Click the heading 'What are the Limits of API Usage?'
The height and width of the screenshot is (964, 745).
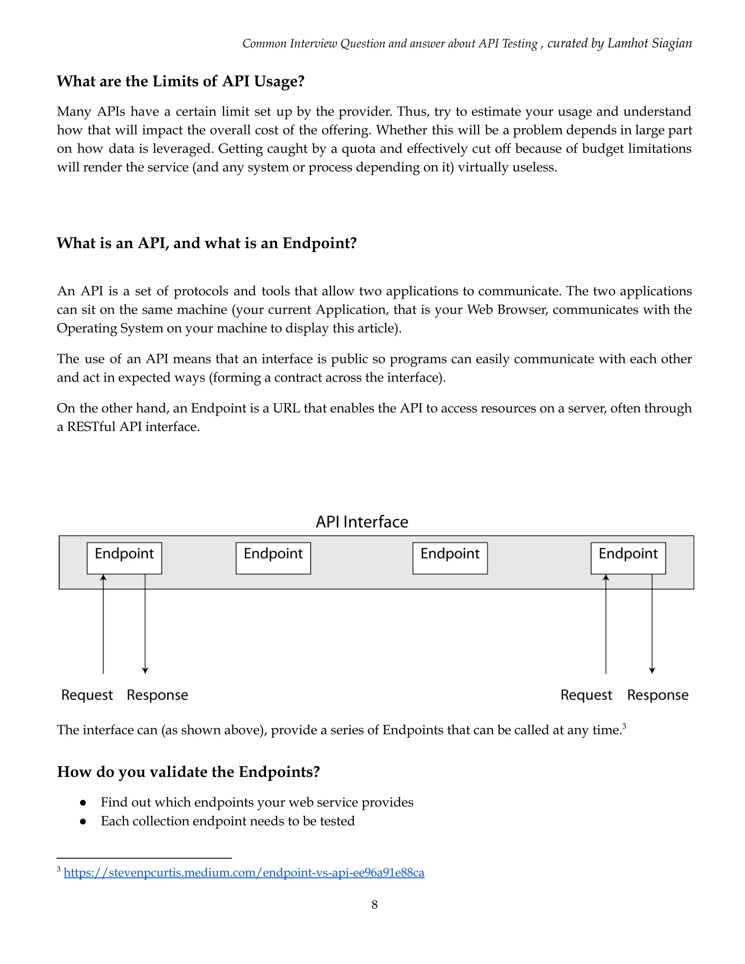[x=180, y=81]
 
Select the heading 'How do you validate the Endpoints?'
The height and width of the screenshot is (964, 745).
[x=188, y=772]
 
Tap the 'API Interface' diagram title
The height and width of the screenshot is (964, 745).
[x=362, y=522]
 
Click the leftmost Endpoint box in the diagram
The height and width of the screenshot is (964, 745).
[x=124, y=558]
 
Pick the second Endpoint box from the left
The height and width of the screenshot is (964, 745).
[x=273, y=558]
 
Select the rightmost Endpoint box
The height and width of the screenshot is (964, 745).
[x=628, y=558]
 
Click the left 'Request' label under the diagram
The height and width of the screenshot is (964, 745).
[x=87, y=695]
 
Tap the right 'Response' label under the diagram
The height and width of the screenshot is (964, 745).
[x=658, y=695]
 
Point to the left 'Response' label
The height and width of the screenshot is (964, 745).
[x=157, y=695]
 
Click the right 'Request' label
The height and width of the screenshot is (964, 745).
[x=586, y=695]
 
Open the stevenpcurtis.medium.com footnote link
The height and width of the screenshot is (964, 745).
[x=244, y=873]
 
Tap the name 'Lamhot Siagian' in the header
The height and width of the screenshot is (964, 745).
[x=649, y=43]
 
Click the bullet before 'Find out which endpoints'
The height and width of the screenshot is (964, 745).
[x=83, y=802]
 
